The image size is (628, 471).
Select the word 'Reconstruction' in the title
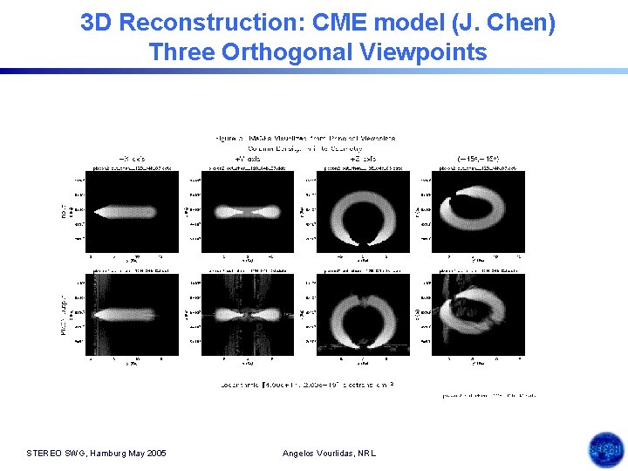click(203, 23)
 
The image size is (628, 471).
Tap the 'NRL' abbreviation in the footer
click(367, 453)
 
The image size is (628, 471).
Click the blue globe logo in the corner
click(604, 450)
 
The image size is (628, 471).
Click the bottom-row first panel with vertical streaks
click(133, 314)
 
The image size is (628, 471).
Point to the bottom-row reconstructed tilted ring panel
click(478, 314)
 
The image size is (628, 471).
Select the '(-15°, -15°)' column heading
click(478, 159)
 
